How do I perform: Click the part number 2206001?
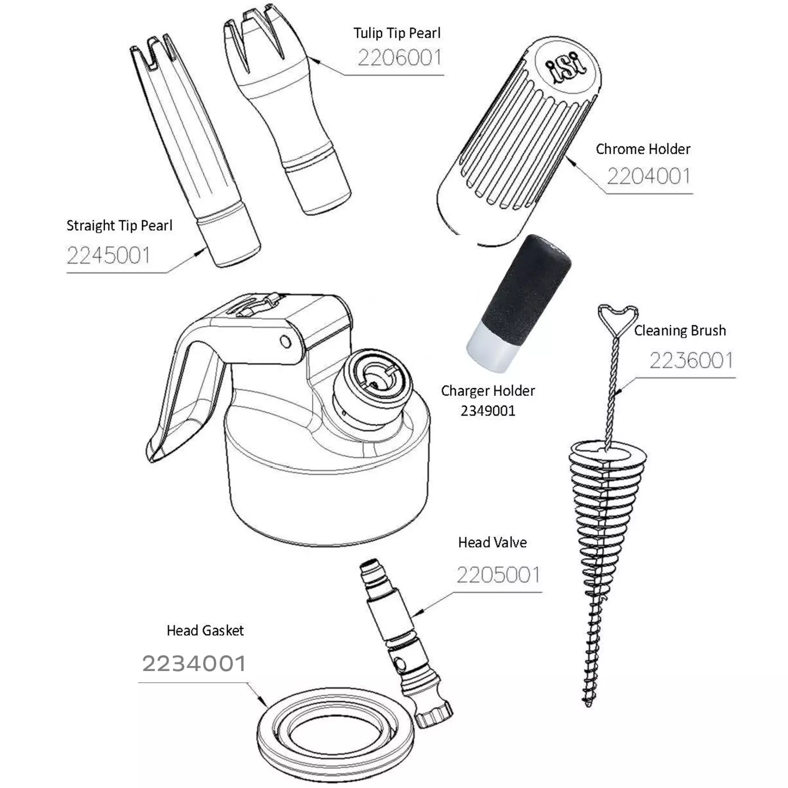(399, 58)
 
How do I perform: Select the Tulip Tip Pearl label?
(397, 33)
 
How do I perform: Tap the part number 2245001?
(108, 255)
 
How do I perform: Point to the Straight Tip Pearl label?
(119, 226)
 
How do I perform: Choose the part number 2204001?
(648, 176)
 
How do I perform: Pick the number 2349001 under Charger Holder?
(488, 411)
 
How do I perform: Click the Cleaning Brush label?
(680, 330)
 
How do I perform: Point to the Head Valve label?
(492, 543)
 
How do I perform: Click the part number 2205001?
(498, 575)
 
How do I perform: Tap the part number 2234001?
(194, 663)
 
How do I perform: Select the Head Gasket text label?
(205, 630)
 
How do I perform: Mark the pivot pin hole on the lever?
(285, 341)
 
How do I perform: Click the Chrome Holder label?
(643, 149)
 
